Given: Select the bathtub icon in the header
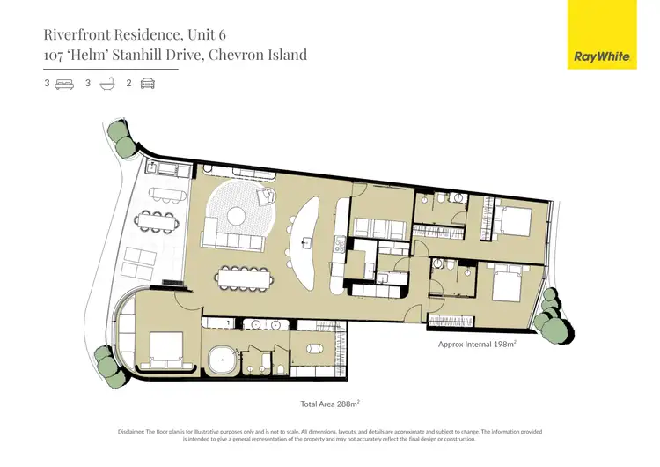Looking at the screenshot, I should pos(106,85).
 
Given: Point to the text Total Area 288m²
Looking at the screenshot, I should pos(329,403).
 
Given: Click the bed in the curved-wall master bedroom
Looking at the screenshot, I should pos(165,346).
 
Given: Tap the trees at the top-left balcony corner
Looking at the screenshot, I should pos(118,133).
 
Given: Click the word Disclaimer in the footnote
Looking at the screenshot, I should pos(136,431).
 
